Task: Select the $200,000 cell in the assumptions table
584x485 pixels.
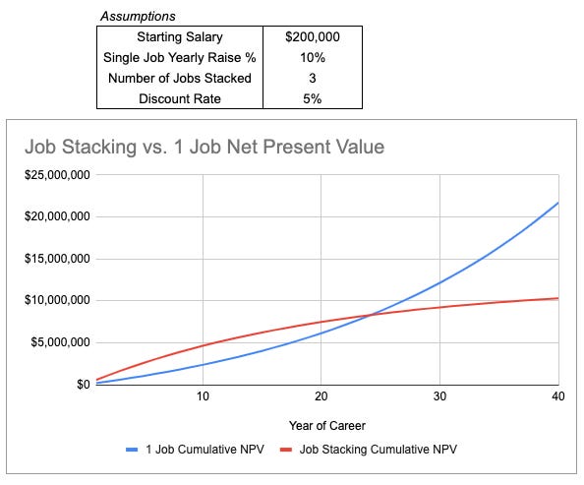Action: [x=312, y=36]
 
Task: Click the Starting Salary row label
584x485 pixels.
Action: [x=180, y=36]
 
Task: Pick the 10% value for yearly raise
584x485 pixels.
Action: [x=312, y=56]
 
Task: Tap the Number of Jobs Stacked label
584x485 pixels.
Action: [x=180, y=77]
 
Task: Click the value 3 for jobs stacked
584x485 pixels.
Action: [x=312, y=77]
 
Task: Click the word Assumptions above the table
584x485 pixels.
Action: [x=138, y=17]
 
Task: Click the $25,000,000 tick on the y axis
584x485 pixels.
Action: [x=56, y=175]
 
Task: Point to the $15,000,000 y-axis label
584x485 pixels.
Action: [x=56, y=259]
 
